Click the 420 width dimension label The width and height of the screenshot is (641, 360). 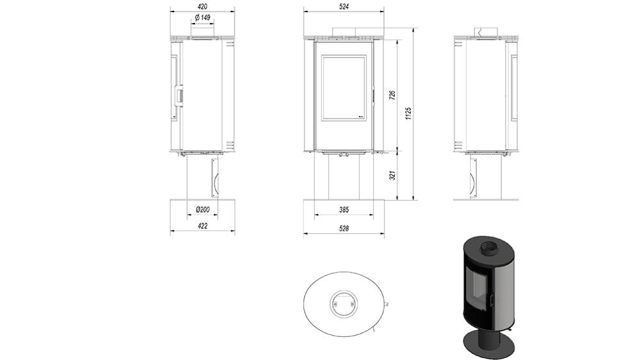203,6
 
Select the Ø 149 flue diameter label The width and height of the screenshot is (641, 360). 203,17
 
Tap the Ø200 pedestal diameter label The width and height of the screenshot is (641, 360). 203,209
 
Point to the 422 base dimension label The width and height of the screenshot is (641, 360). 203,225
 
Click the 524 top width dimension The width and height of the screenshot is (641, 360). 344,6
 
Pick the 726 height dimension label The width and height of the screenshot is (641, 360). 392,95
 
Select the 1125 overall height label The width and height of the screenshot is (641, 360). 408,113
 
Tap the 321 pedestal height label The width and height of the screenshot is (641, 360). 392,176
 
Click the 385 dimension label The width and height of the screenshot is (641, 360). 344,209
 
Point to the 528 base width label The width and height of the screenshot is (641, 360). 344,229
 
